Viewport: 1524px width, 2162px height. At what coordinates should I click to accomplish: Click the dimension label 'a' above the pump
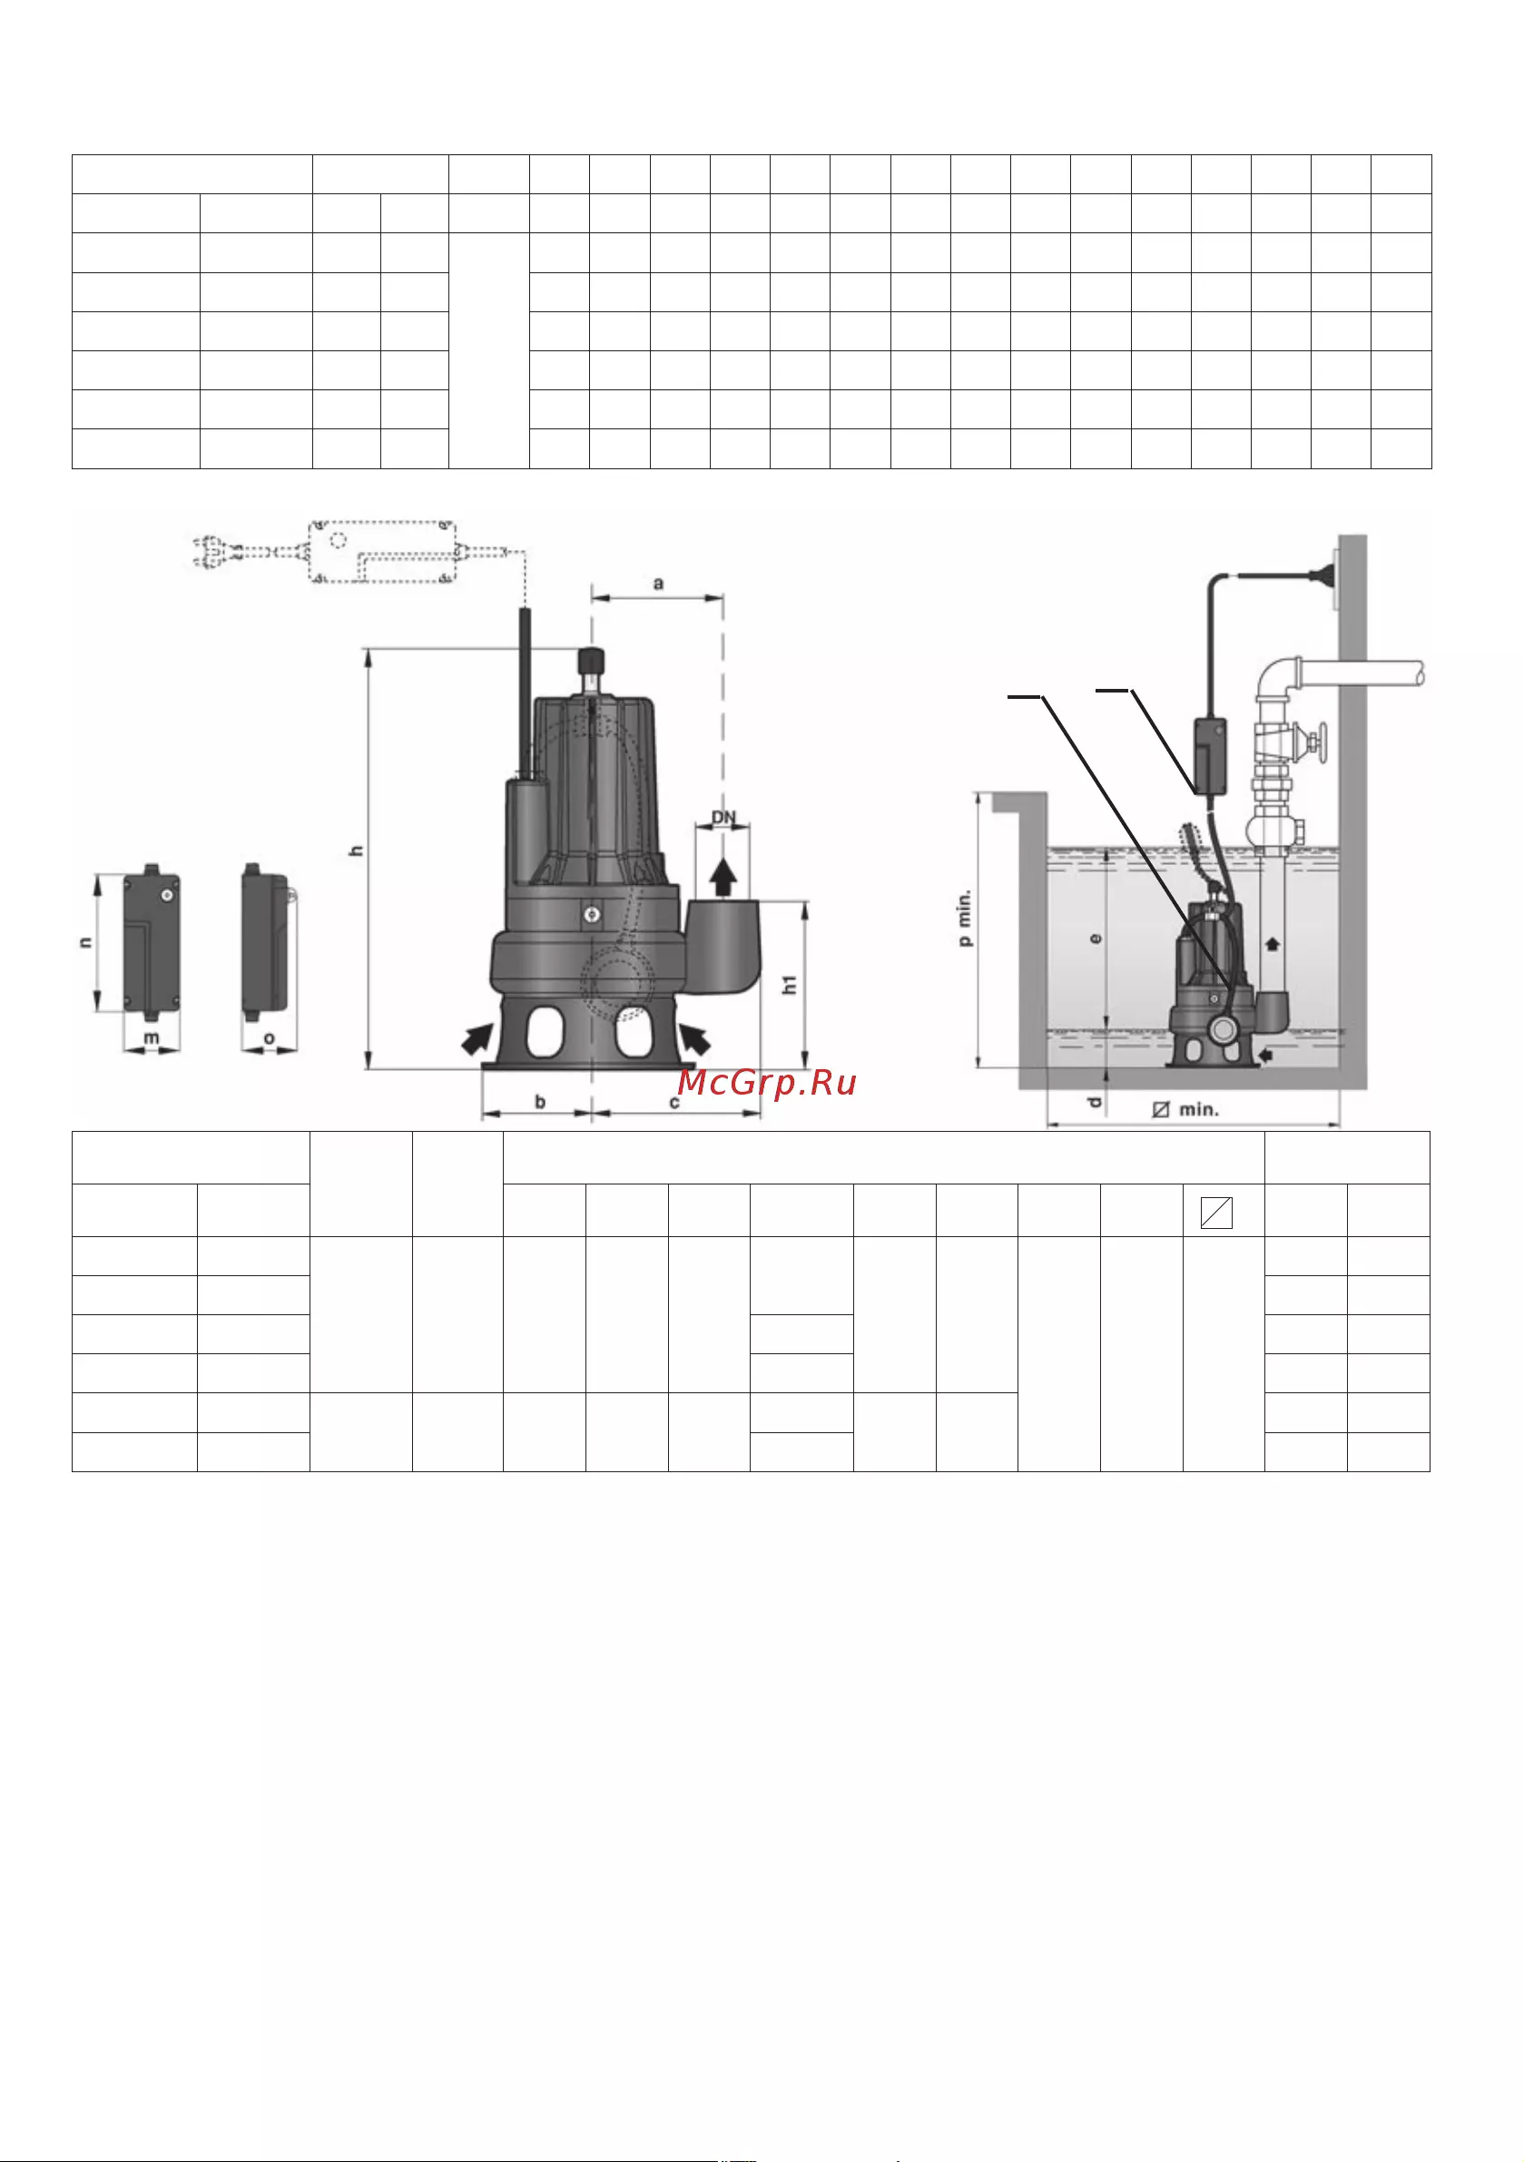click(x=658, y=584)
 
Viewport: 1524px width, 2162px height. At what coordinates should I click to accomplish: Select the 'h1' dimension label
click(x=790, y=984)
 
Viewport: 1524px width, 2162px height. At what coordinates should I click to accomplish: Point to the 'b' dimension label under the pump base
click(x=541, y=1101)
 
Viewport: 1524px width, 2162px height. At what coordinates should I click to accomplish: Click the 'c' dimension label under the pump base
click(x=674, y=1102)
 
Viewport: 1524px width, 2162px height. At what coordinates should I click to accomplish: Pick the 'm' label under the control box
click(x=151, y=1038)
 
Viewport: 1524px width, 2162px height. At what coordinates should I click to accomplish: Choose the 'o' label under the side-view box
click(x=270, y=1038)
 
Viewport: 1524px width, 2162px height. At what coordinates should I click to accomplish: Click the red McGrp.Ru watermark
click(x=767, y=1083)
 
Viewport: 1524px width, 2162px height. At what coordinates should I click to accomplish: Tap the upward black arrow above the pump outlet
click(x=723, y=877)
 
